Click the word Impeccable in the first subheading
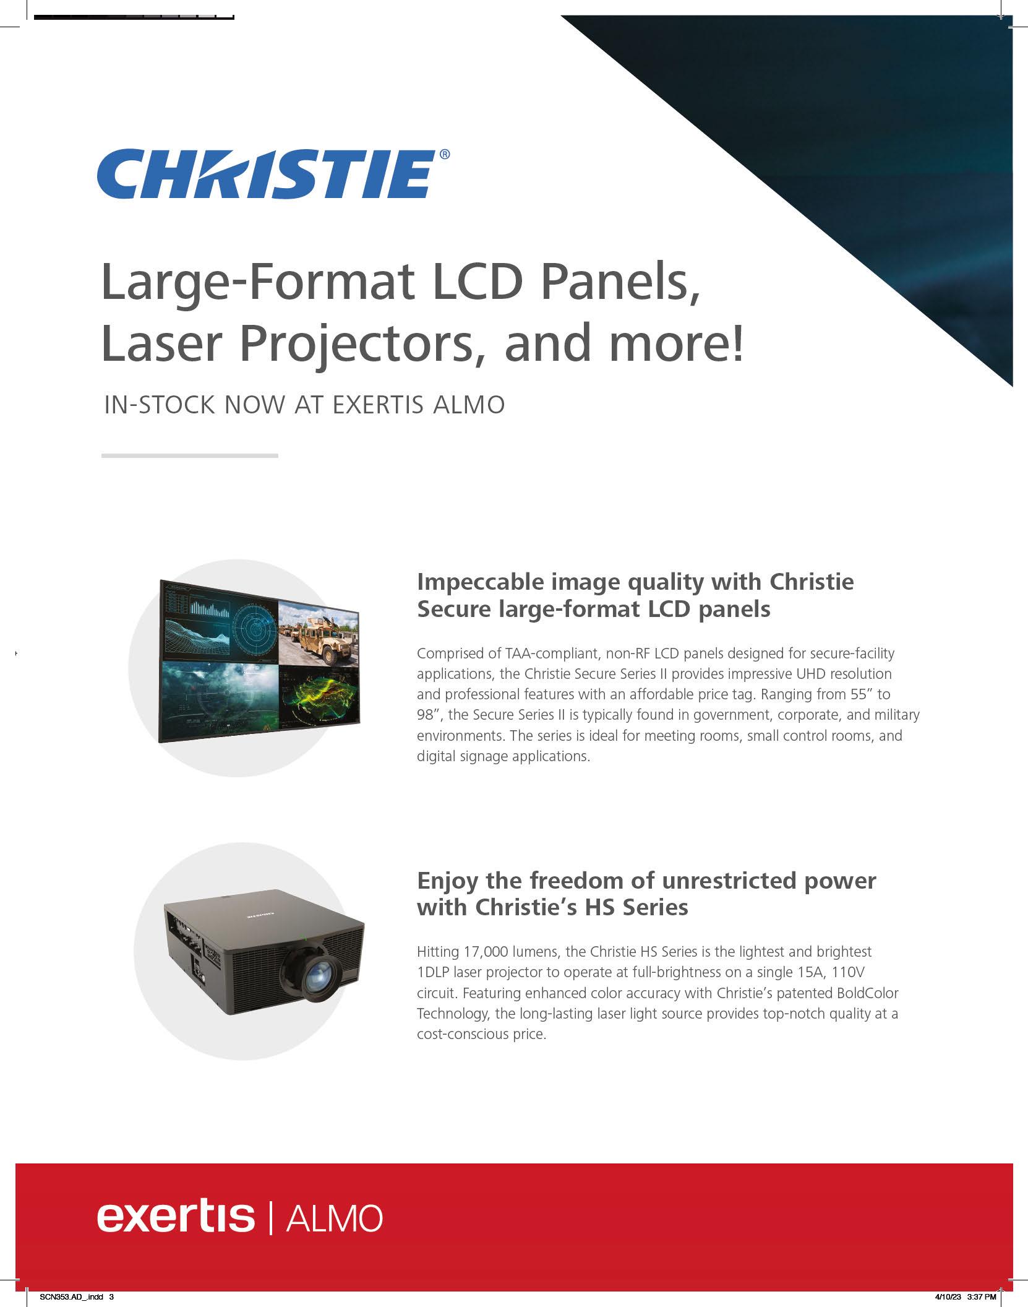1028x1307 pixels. pyautogui.click(x=479, y=582)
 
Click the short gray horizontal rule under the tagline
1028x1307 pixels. pyautogui.click(x=189, y=455)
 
